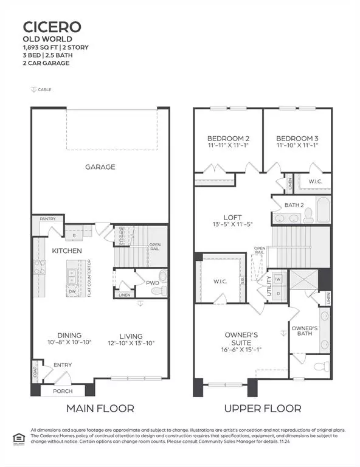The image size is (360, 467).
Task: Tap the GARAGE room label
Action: [x=100, y=167]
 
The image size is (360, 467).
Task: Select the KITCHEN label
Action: [x=67, y=251]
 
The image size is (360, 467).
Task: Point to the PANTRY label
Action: [x=47, y=218]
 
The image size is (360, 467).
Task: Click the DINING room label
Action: [x=69, y=336]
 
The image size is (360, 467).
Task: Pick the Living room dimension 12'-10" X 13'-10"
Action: [x=131, y=344]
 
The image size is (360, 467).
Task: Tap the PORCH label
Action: [x=63, y=391]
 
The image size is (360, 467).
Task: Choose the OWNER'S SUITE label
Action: [x=241, y=339]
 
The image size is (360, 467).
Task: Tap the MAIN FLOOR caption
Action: [x=100, y=408]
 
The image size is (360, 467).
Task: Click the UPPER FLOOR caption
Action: [x=263, y=408]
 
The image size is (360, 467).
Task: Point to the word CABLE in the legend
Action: [x=44, y=89]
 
